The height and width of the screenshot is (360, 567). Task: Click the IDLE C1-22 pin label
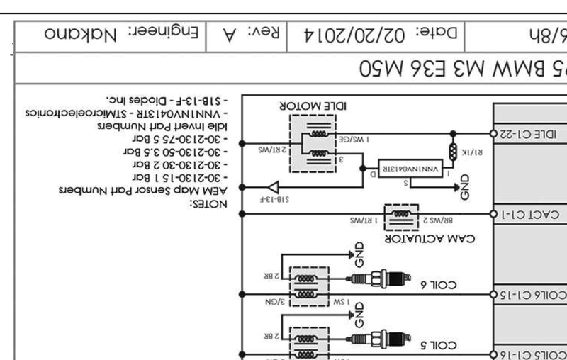point(530,133)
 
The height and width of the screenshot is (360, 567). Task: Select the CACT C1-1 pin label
point(532,213)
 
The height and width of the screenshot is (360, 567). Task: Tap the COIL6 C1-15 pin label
point(532,294)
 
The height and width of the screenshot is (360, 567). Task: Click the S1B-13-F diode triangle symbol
point(247,187)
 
